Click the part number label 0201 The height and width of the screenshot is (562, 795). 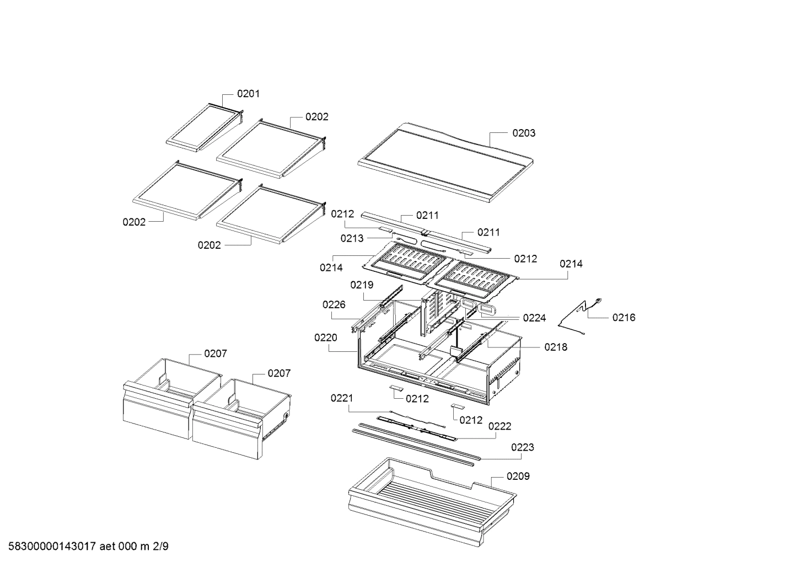248,94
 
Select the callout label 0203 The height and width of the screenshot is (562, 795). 523,133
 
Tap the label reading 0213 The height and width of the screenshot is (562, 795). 352,238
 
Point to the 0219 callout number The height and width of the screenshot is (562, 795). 362,285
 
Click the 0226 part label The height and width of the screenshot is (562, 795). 334,304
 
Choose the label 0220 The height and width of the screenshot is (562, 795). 326,338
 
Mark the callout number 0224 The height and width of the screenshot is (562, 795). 534,318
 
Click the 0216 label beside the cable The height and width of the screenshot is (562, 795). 624,317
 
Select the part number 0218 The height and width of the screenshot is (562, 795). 556,347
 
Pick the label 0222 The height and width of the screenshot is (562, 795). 499,426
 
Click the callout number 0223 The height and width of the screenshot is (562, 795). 522,447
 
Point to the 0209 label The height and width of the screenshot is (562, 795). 518,476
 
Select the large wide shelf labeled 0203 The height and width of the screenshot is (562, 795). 447,163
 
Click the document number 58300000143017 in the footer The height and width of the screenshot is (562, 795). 49,547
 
